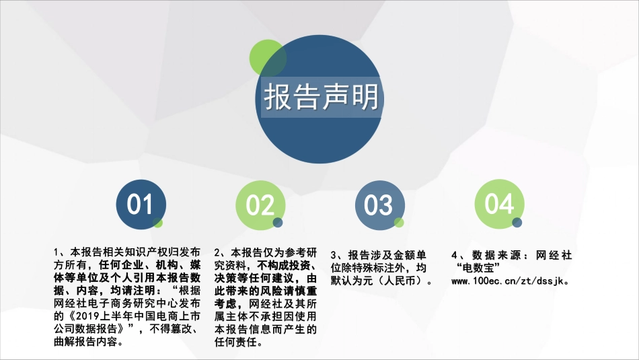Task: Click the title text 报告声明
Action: click(321, 98)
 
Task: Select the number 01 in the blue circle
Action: click(140, 204)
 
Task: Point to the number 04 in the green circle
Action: click(498, 204)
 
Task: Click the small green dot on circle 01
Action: click(158, 223)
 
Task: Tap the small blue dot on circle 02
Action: click(278, 223)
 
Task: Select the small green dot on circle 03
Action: click(399, 223)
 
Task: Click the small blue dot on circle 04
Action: click(517, 223)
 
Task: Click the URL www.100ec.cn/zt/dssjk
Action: click(511, 280)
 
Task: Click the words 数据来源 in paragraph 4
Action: click(495, 255)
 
